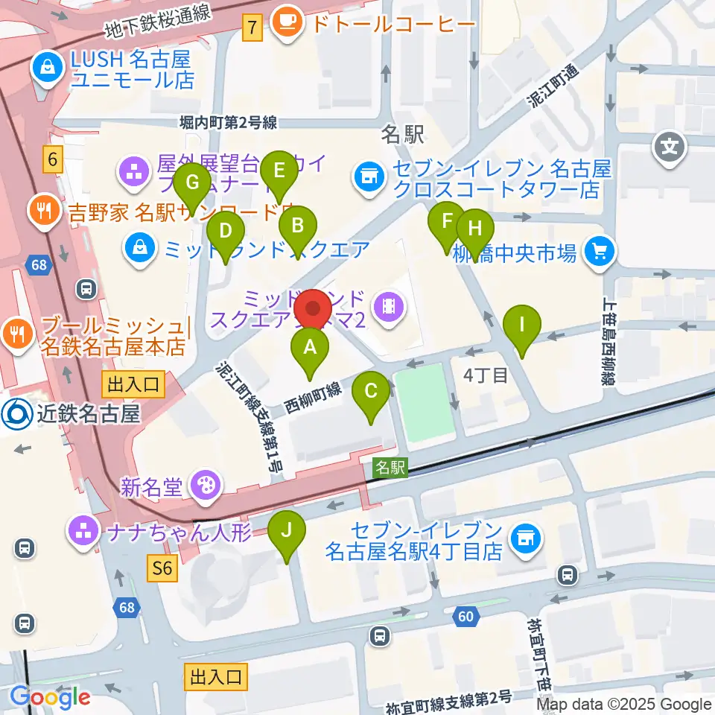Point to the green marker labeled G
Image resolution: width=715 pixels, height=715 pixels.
(193, 183)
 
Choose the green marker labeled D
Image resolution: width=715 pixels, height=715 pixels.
(226, 232)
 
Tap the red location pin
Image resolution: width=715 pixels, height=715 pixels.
(314, 309)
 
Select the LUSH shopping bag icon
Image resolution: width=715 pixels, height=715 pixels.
(48, 68)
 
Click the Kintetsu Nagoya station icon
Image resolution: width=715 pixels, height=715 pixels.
(14, 414)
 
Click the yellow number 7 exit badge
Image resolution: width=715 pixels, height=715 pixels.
(253, 29)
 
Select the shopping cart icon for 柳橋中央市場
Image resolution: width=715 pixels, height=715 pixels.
(600, 252)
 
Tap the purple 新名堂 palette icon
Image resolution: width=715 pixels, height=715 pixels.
(202, 487)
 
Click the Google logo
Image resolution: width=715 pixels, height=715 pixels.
(50, 696)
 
